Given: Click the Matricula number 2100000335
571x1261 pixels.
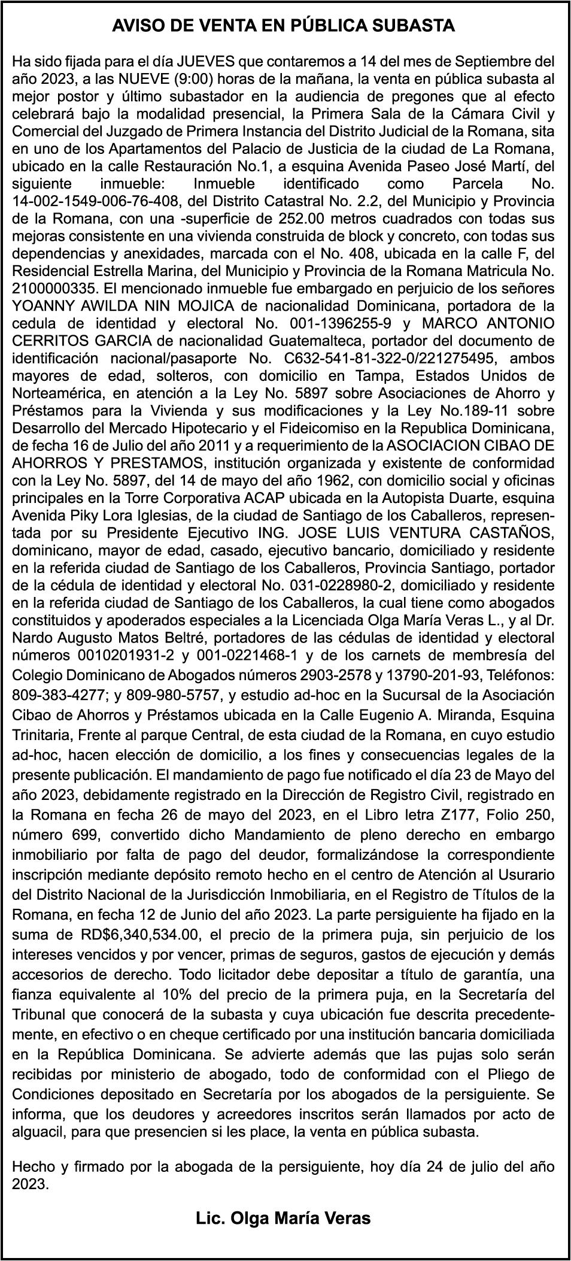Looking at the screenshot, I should (x=51, y=288).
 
